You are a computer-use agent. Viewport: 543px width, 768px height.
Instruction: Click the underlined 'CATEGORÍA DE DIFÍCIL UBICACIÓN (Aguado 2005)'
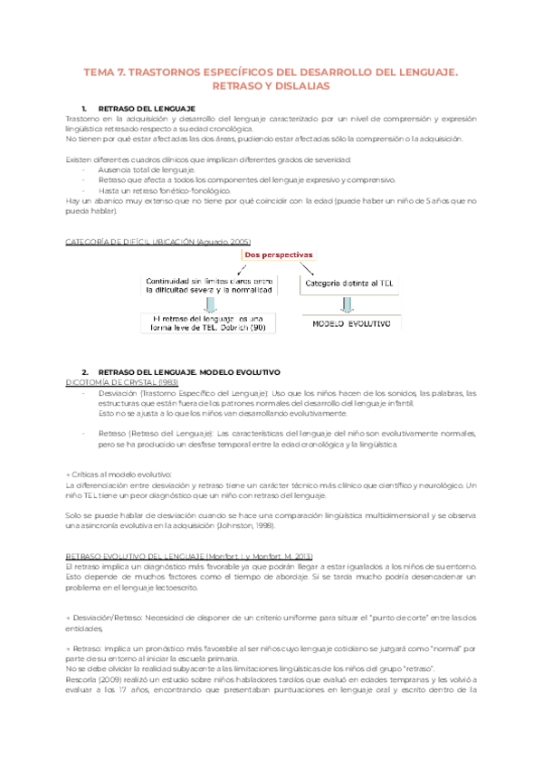coord(158,241)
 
